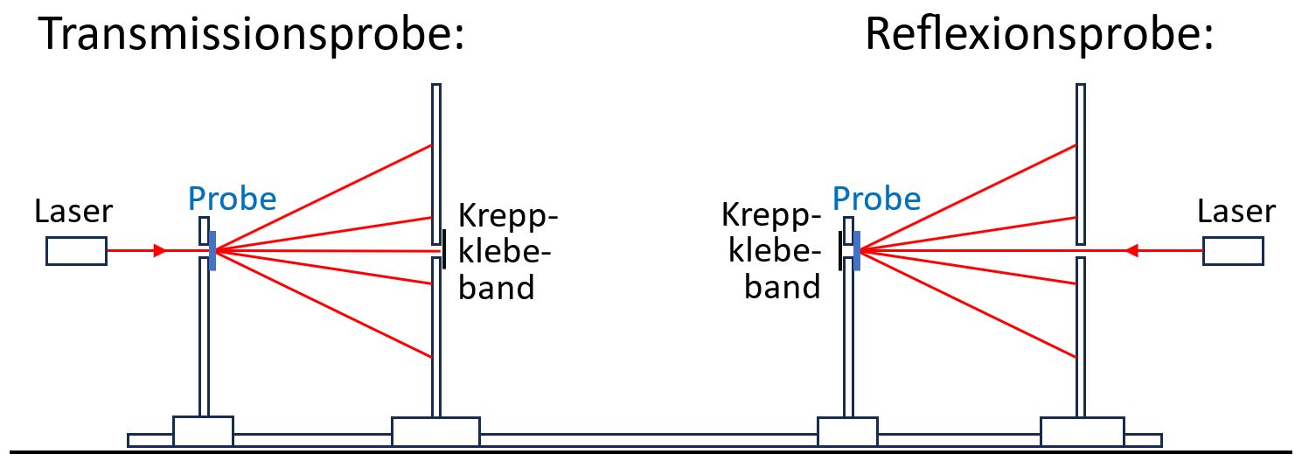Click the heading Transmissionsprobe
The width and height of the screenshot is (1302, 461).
250,35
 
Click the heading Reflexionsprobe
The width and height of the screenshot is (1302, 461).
1040,35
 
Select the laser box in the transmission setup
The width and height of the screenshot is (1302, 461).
77,251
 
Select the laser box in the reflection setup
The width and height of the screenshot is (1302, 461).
1233,251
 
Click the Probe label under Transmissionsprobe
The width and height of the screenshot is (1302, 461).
232,199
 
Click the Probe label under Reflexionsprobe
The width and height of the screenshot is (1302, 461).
876,199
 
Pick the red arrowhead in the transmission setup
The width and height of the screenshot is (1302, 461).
159,251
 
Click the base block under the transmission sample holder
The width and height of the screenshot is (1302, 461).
203,431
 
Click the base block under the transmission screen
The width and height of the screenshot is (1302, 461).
435,431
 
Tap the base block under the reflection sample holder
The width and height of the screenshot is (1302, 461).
846,431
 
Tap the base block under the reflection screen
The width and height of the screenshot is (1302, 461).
1082,431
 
